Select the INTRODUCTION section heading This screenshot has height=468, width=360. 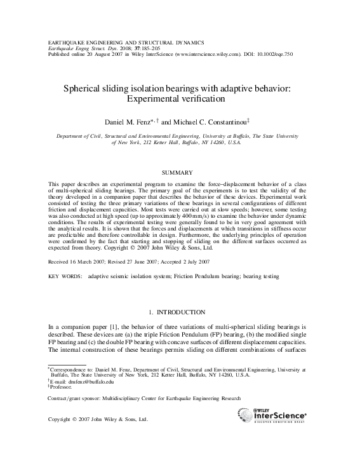pyautogui.click(x=181, y=312)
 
